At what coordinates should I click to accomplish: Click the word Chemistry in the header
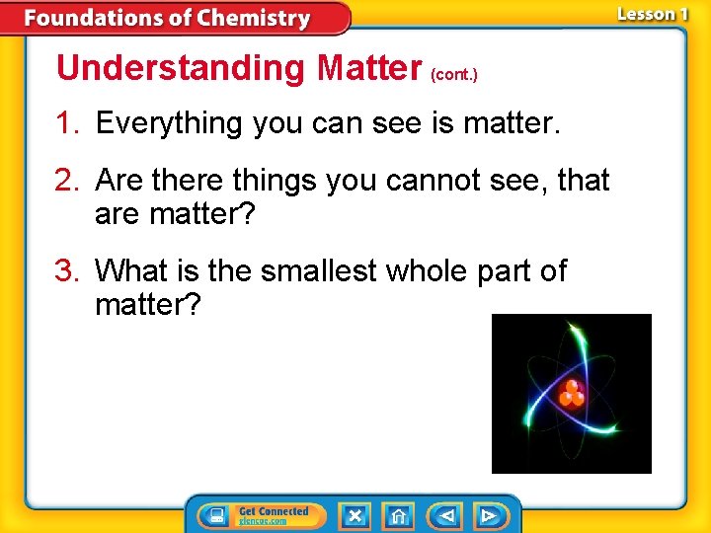(x=253, y=19)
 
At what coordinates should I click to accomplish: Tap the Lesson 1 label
(x=652, y=15)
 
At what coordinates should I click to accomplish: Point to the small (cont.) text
(x=454, y=74)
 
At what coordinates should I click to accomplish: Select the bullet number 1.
(x=67, y=124)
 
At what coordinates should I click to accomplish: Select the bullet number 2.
(x=67, y=181)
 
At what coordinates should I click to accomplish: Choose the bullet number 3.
(x=67, y=270)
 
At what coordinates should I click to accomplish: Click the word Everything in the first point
(x=170, y=124)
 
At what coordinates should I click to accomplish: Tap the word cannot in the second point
(x=421, y=181)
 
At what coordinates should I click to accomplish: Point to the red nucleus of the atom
(x=571, y=394)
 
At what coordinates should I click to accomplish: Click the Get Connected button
(x=262, y=515)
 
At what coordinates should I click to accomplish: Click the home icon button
(x=398, y=515)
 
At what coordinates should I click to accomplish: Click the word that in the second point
(x=584, y=181)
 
